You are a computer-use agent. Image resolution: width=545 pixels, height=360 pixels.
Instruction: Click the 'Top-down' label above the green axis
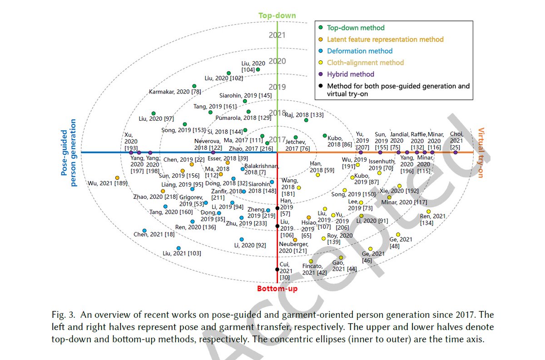(277, 16)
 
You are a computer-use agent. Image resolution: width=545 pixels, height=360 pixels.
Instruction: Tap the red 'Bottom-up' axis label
(277, 288)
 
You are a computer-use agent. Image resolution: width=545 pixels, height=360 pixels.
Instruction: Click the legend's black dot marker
(321, 86)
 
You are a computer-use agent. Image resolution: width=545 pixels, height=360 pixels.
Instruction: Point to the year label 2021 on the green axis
(277, 35)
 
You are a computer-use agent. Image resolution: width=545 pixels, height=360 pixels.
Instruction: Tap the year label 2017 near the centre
(277, 139)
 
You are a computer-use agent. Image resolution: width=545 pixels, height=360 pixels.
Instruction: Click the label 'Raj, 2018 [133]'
(304, 115)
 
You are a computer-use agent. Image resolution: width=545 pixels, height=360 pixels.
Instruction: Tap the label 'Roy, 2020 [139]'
(340, 239)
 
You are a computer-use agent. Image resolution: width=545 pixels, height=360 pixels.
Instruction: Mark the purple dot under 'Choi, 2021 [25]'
(456, 153)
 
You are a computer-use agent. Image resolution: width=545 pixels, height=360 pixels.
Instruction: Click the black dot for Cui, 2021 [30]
(277, 269)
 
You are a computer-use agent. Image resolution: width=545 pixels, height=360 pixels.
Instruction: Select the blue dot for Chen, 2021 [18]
(144, 231)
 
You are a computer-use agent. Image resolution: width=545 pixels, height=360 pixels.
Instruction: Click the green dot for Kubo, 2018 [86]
(325, 136)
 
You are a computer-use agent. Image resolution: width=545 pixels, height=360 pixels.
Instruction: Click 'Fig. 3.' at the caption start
(62, 315)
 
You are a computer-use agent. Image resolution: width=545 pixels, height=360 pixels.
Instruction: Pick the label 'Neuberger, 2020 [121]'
(293, 247)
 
